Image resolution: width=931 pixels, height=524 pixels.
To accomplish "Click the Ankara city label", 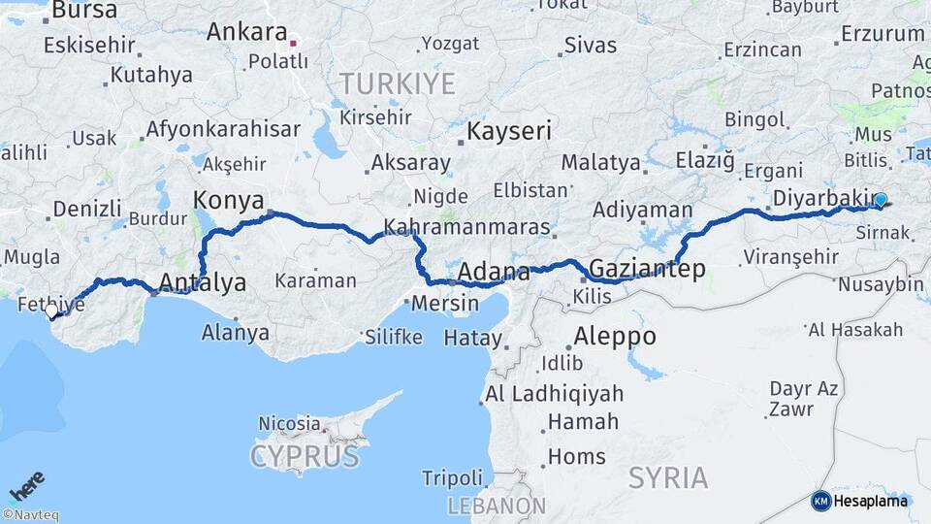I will coord(246,32).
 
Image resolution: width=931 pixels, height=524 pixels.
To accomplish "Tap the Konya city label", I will coord(229,201).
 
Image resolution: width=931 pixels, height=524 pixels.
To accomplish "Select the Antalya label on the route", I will coord(202,282).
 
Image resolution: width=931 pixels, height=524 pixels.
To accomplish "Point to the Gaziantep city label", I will coord(647,269).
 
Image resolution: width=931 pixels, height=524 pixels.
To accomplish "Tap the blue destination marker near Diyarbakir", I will coord(880,201).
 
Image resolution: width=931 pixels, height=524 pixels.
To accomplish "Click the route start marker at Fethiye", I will coord(52,312).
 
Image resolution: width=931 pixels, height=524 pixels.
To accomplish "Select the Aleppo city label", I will coord(615,337).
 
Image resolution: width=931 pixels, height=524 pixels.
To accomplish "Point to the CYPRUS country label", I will coord(305,456).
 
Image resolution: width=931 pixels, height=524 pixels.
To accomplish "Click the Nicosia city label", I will coord(289,423).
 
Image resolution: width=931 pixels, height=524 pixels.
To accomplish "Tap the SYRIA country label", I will coord(667,477).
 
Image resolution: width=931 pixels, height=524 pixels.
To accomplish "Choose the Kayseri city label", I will coord(509,131).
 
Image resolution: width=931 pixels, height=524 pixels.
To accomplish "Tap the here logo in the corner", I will coord(26,486).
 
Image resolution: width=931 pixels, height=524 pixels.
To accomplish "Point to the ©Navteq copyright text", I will coord(30,515).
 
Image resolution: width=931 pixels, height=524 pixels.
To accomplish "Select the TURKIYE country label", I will coord(396,83).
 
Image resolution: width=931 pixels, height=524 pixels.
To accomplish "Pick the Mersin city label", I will coord(445,303).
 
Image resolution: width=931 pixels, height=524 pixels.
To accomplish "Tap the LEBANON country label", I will coord(497,506).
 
